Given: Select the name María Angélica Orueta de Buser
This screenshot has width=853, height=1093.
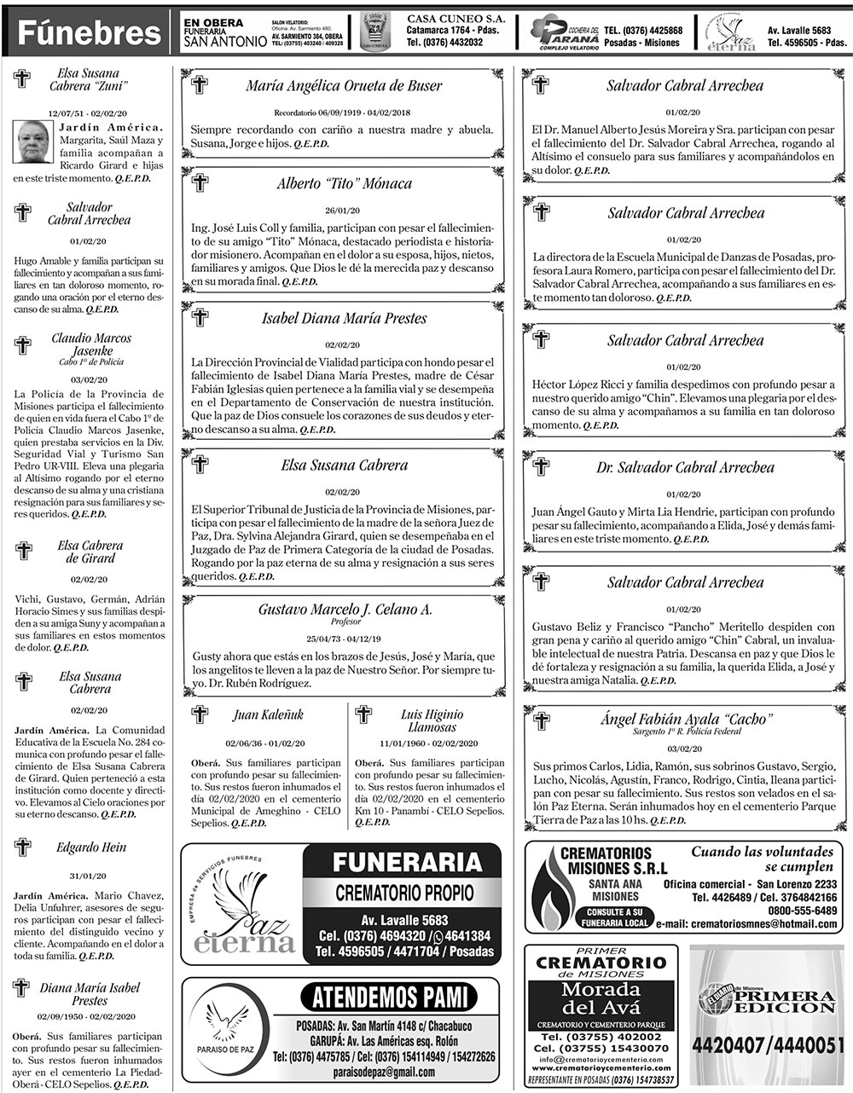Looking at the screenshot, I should pyautogui.click(x=345, y=86).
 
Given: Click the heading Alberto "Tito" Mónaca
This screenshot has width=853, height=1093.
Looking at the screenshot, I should pyautogui.click(x=345, y=183).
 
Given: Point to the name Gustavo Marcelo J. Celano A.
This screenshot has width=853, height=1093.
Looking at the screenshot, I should pyautogui.click(x=345, y=609).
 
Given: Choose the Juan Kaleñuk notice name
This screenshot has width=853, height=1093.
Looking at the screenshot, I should pyautogui.click(x=268, y=714).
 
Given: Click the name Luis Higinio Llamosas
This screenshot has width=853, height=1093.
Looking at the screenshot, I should pyautogui.click(x=432, y=720).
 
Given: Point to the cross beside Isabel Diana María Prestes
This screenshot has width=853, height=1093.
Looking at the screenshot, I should pyautogui.click(x=200, y=318).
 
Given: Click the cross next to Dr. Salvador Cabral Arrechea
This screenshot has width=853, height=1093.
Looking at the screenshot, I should pyautogui.click(x=541, y=467).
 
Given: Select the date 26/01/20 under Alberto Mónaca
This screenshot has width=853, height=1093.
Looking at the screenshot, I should pyautogui.click(x=343, y=210).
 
